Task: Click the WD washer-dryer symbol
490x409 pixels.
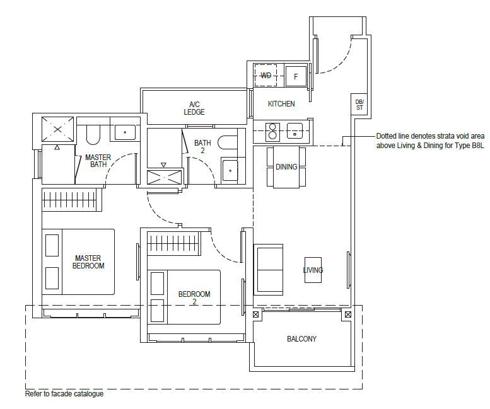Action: click(265, 75)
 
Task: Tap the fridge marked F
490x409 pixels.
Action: click(296, 76)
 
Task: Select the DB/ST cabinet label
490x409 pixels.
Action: click(359, 105)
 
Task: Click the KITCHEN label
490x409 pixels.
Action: click(281, 103)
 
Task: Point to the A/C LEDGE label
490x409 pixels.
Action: click(194, 108)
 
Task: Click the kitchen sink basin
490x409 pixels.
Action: click(295, 131)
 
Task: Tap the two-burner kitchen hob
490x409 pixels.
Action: click(272, 131)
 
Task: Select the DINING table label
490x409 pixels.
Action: click(286, 167)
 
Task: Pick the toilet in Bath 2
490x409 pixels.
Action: click(227, 142)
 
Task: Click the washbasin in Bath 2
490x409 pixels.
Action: click(230, 170)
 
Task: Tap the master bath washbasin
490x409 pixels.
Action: click(125, 132)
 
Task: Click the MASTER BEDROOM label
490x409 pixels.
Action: click(88, 262)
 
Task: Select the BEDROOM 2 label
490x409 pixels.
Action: click(194, 297)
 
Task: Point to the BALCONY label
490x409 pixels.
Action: click(301, 339)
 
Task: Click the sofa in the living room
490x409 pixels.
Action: click(269, 270)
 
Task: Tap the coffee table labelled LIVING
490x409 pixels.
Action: click(313, 270)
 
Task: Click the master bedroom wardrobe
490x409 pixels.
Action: click(72, 200)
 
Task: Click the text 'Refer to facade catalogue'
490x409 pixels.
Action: click(64, 394)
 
